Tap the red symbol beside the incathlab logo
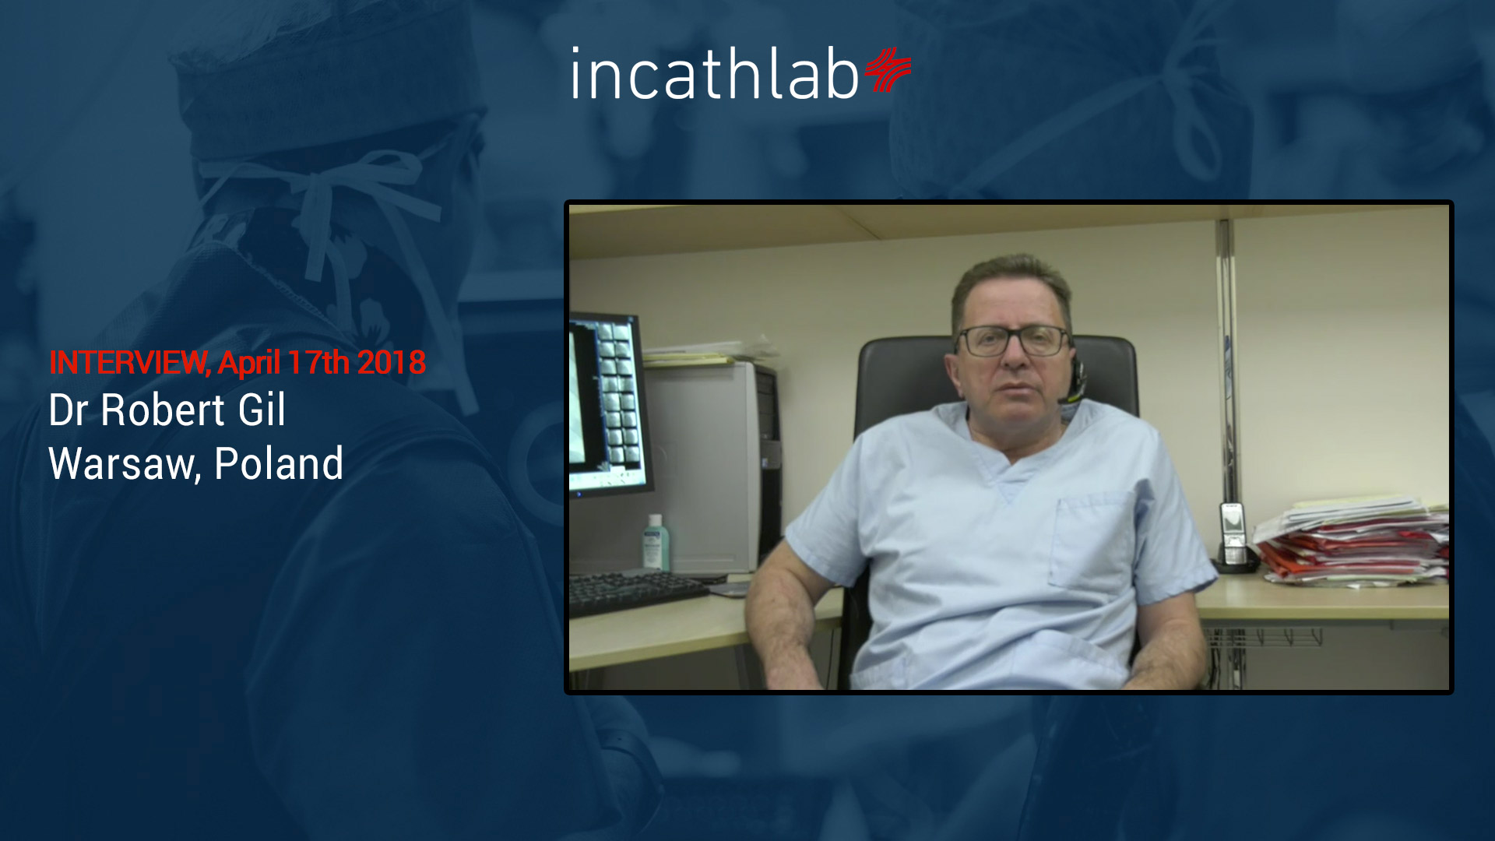[x=887, y=69]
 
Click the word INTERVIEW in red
[x=128, y=363]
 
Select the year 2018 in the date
[x=392, y=363]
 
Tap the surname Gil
[x=262, y=410]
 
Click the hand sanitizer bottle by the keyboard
[x=655, y=542]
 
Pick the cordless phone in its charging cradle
[x=1233, y=538]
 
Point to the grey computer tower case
[x=712, y=468]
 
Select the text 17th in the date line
[x=318, y=363]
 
